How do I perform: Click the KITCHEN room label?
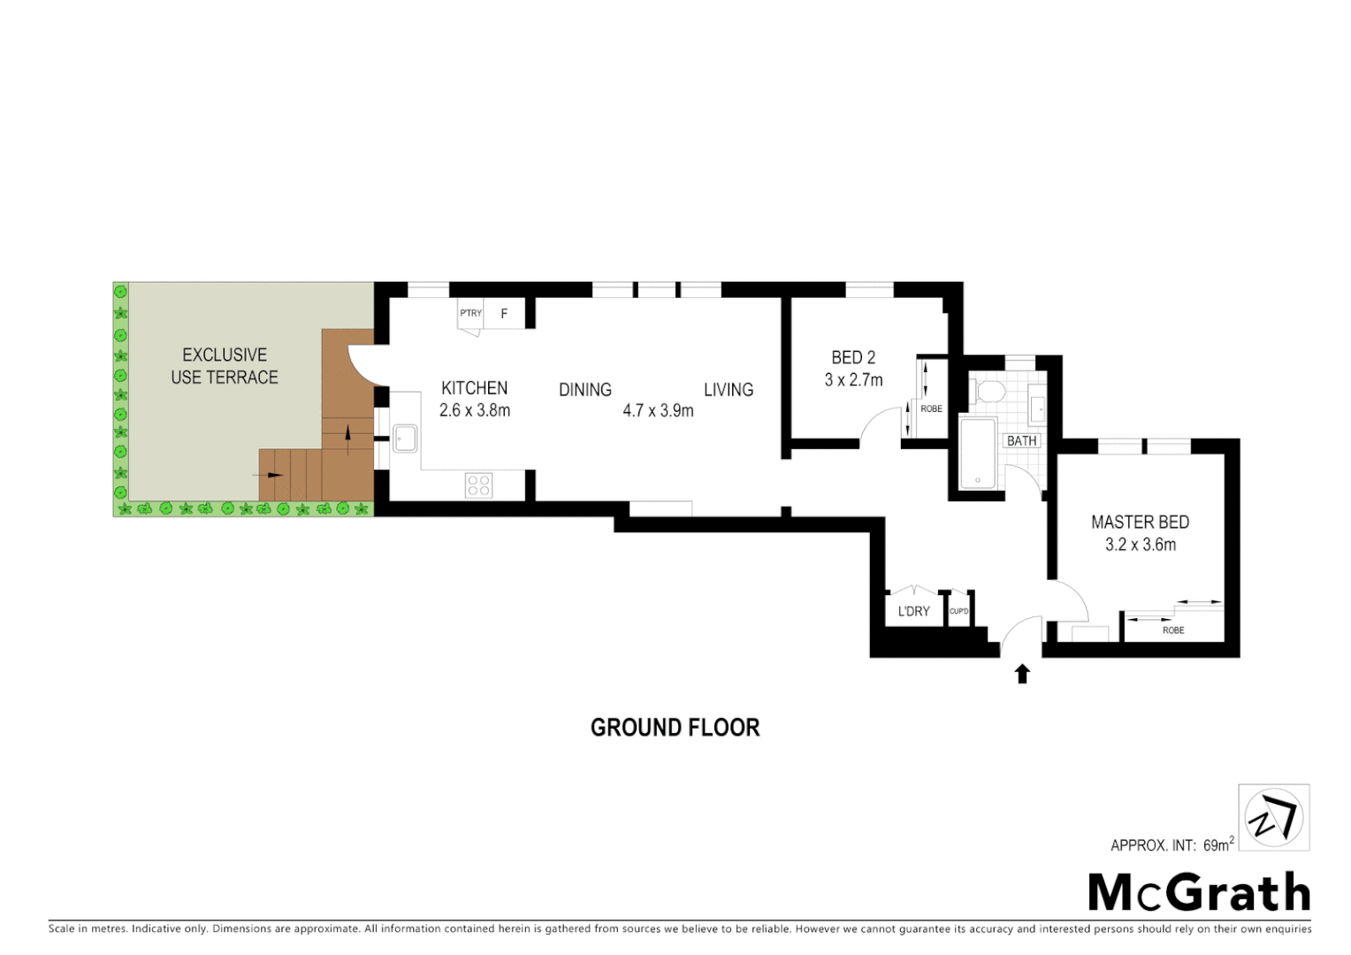click(474, 388)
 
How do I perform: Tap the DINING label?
click(584, 390)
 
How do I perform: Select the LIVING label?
click(729, 390)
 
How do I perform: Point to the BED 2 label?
click(853, 357)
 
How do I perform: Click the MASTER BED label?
click(1140, 523)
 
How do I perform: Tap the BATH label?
click(1021, 440)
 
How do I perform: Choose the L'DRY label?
click(913, 611)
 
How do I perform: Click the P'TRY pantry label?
click(470, 313)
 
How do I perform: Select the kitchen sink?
click(405, 438)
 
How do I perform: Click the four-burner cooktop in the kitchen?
click(479, 485)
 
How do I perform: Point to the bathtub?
click(978, 454)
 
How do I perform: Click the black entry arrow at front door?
click(1022, 674)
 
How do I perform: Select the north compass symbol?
click(1273, 818)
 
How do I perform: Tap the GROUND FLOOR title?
click(675, 728)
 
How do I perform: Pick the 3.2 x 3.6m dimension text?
click(1140, 545)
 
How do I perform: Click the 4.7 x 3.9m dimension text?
click(658, 410)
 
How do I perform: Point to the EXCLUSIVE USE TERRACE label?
click(225, 366)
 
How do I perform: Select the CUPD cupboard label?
click(958, 611)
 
